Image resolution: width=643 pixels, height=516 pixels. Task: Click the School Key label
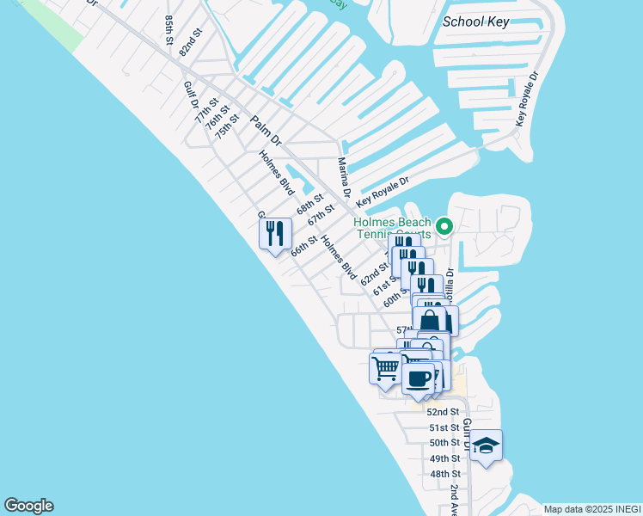pyautogui.click(x=476, y=21)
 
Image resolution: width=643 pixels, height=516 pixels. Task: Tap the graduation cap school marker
pyautogui.click(x=486, y=445)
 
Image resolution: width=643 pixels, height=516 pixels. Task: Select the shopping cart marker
pyautogui.click(x=385, y=367)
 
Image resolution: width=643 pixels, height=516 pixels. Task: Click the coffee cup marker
pyautogui.click(x=419, y=378)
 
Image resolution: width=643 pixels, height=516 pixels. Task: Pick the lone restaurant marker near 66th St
pyautogui.click(x=275, y=234)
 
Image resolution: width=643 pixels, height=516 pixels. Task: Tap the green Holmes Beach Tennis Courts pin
pyautogui.click(x=444, y=227)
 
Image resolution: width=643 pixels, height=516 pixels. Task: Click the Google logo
pyautogui.click(x=28, y=506)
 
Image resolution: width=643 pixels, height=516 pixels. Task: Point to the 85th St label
pyautogui.click(x=168, y=28)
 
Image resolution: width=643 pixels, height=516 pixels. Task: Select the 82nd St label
pyautogui.click(x=191, y=42)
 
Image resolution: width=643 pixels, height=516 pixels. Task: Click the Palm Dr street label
pyautogui.click(x=266, y=130)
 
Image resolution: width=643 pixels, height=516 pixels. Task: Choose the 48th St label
pyautogui.click(x=445, y=474)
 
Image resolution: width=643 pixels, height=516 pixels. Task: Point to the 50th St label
pyautogui.click(x=445, y=443)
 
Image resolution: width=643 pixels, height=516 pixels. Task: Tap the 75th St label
pyautogui.click(x=226, y=126)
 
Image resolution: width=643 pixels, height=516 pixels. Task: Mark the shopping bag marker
pyautogui.click(x=430, y=320)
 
